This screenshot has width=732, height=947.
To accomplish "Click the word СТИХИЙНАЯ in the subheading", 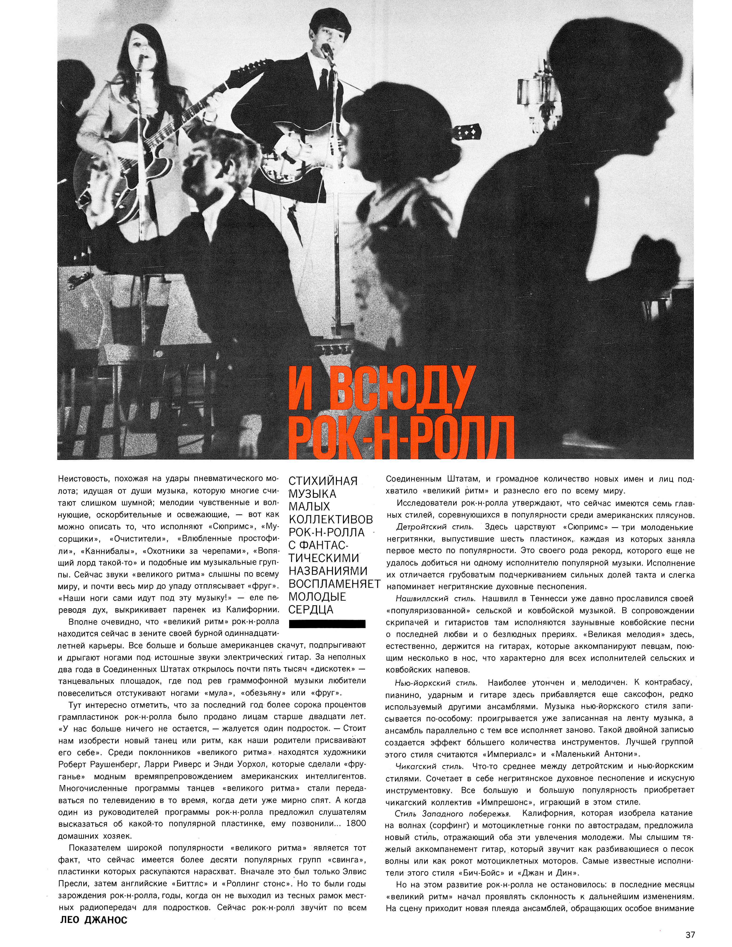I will pyautogui.click(x=323, y=481).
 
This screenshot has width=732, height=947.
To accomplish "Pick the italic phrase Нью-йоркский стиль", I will pyautogui.click(x=436, y=683).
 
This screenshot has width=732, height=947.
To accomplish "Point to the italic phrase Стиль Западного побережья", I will pyautogui.click(x=452, y=814).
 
